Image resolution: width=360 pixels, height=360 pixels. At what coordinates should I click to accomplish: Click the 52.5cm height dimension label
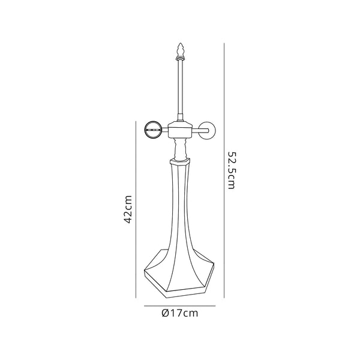point(231,170)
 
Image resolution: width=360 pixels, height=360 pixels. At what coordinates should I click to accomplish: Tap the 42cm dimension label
point(128,209)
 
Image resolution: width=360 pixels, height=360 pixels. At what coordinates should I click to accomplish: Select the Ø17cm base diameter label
point(180,313)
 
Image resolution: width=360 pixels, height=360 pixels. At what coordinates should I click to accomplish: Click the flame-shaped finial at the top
point(180,50)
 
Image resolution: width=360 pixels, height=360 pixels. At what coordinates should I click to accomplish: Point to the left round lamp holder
point(153,130)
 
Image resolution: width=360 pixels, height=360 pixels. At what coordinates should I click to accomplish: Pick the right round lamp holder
point(207,131)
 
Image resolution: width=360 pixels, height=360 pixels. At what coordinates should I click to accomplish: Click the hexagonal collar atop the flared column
point(180,161)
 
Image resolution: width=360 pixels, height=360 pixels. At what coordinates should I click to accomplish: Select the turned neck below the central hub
point(180,148)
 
